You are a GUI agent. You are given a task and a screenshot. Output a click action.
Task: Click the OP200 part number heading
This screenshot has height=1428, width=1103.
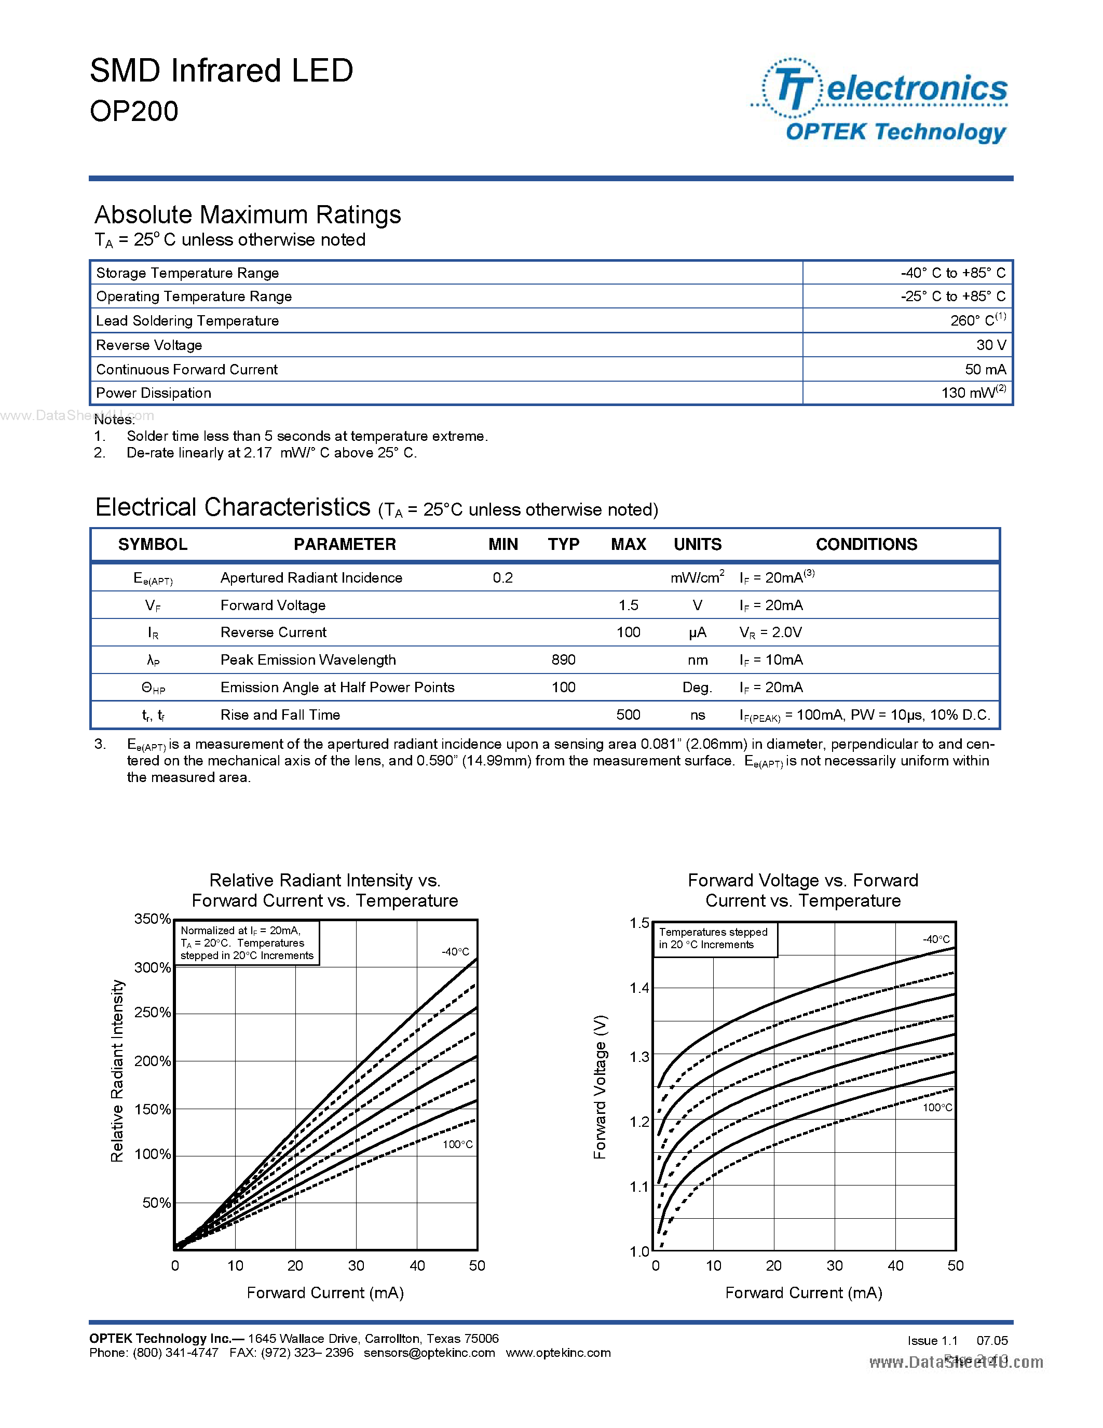point(134,111)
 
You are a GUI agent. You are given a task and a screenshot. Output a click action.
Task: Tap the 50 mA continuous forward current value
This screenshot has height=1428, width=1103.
point(985,369)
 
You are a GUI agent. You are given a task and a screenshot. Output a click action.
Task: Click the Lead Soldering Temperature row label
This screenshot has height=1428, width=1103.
point(187,320)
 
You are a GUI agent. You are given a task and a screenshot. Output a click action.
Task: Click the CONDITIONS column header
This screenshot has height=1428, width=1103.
point(866,544)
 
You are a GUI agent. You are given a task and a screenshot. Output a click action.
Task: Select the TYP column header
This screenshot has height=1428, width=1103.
point(563,544)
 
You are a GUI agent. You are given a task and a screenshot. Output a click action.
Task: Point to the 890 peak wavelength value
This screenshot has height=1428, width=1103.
point(563,659)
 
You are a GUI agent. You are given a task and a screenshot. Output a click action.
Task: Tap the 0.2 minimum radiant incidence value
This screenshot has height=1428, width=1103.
point(502,577)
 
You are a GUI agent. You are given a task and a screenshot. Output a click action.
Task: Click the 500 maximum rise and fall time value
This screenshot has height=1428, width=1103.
point(628,715)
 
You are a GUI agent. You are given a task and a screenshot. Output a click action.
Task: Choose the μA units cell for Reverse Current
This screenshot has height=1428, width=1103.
point(697,632)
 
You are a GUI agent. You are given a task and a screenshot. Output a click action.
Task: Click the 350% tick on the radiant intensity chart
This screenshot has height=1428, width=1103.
point(152,919)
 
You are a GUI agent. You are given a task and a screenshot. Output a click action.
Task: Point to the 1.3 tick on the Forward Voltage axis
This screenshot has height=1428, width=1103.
point(639,1057)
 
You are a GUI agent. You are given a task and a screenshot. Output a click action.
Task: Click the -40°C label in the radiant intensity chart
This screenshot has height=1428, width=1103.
point(455,951)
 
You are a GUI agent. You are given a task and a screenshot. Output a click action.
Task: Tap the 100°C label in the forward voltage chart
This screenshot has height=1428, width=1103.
point(937,1108)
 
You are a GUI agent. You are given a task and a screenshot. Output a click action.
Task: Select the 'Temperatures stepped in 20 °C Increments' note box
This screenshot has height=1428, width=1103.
point(715,938)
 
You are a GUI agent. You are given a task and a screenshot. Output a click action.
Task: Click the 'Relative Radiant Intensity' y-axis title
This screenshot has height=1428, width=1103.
point(117,1070)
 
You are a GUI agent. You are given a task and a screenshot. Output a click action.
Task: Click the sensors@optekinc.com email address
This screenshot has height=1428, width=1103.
point(429,1352)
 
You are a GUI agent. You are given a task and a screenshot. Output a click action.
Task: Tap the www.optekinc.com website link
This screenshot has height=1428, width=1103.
point(558,1352)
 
